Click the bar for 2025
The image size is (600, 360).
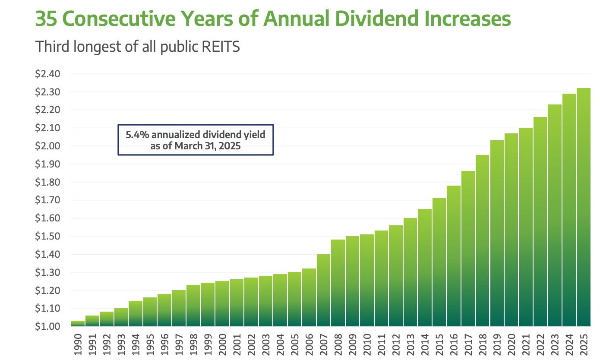(x=584, y=207)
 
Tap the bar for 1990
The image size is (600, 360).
(x=78, y=323)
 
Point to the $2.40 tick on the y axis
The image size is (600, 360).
(x=47, y=74)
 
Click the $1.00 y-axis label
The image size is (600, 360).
(x=47, y=326)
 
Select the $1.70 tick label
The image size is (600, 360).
(x=47, y=200)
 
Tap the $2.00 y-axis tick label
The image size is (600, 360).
(x=47, y=146)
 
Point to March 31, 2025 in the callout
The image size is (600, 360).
(x=219, y=145)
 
